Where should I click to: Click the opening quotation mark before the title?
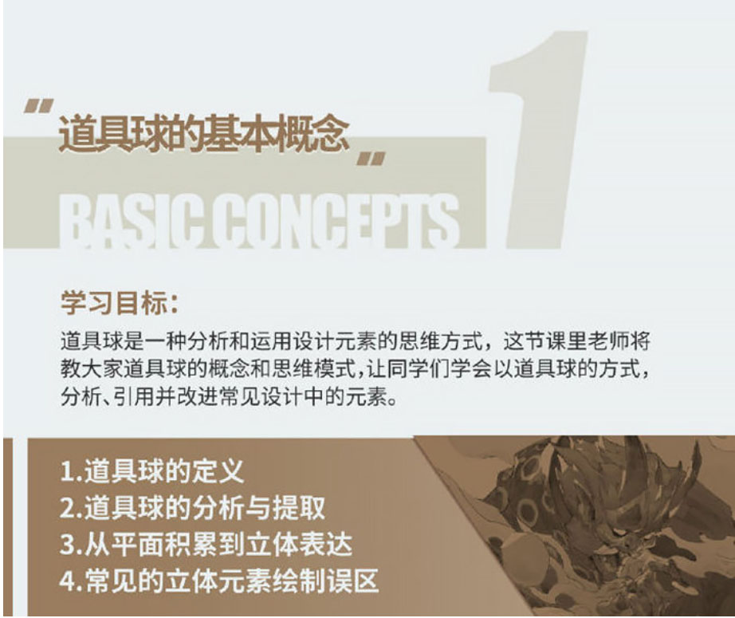point(39,106)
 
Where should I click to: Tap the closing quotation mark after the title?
point(371,159)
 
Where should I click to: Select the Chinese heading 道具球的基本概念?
point(204,134)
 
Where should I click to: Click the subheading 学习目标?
point(120,303)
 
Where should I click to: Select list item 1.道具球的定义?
point(152,471)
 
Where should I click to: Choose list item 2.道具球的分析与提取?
point(193,507)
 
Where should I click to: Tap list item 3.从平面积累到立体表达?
point(206,544)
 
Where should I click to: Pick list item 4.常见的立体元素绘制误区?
point(219,581)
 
